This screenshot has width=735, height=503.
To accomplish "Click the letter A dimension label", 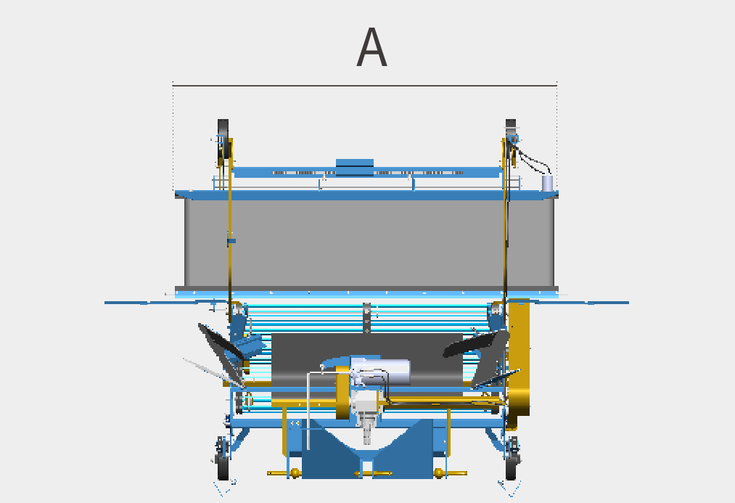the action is coord(371,47).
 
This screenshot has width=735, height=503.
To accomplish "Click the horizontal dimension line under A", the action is coord(365,86).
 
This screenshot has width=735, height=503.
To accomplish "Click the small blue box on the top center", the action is coord(355,167).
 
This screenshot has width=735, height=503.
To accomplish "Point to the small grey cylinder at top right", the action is coord(547,183).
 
